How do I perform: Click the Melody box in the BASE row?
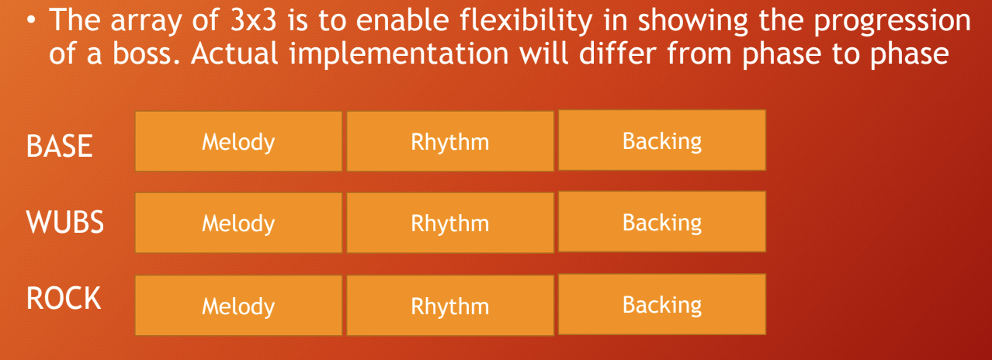pos(238,141)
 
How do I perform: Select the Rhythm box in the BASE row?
pos(450,141)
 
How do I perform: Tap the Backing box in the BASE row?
pos(662,140)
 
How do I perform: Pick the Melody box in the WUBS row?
pos(238,223)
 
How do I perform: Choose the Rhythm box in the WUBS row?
pos(450,223)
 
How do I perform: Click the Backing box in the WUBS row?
pos(662,222)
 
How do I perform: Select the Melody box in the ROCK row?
pos(238,306)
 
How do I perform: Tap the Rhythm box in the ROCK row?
pos(450,306)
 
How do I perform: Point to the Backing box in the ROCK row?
pos(662,304)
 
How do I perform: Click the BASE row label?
pos(59,146)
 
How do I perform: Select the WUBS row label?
pos(65,222)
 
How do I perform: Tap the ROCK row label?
pos(64,298)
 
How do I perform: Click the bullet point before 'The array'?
pos(30,21)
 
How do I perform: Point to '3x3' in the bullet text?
pos(253,21)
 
